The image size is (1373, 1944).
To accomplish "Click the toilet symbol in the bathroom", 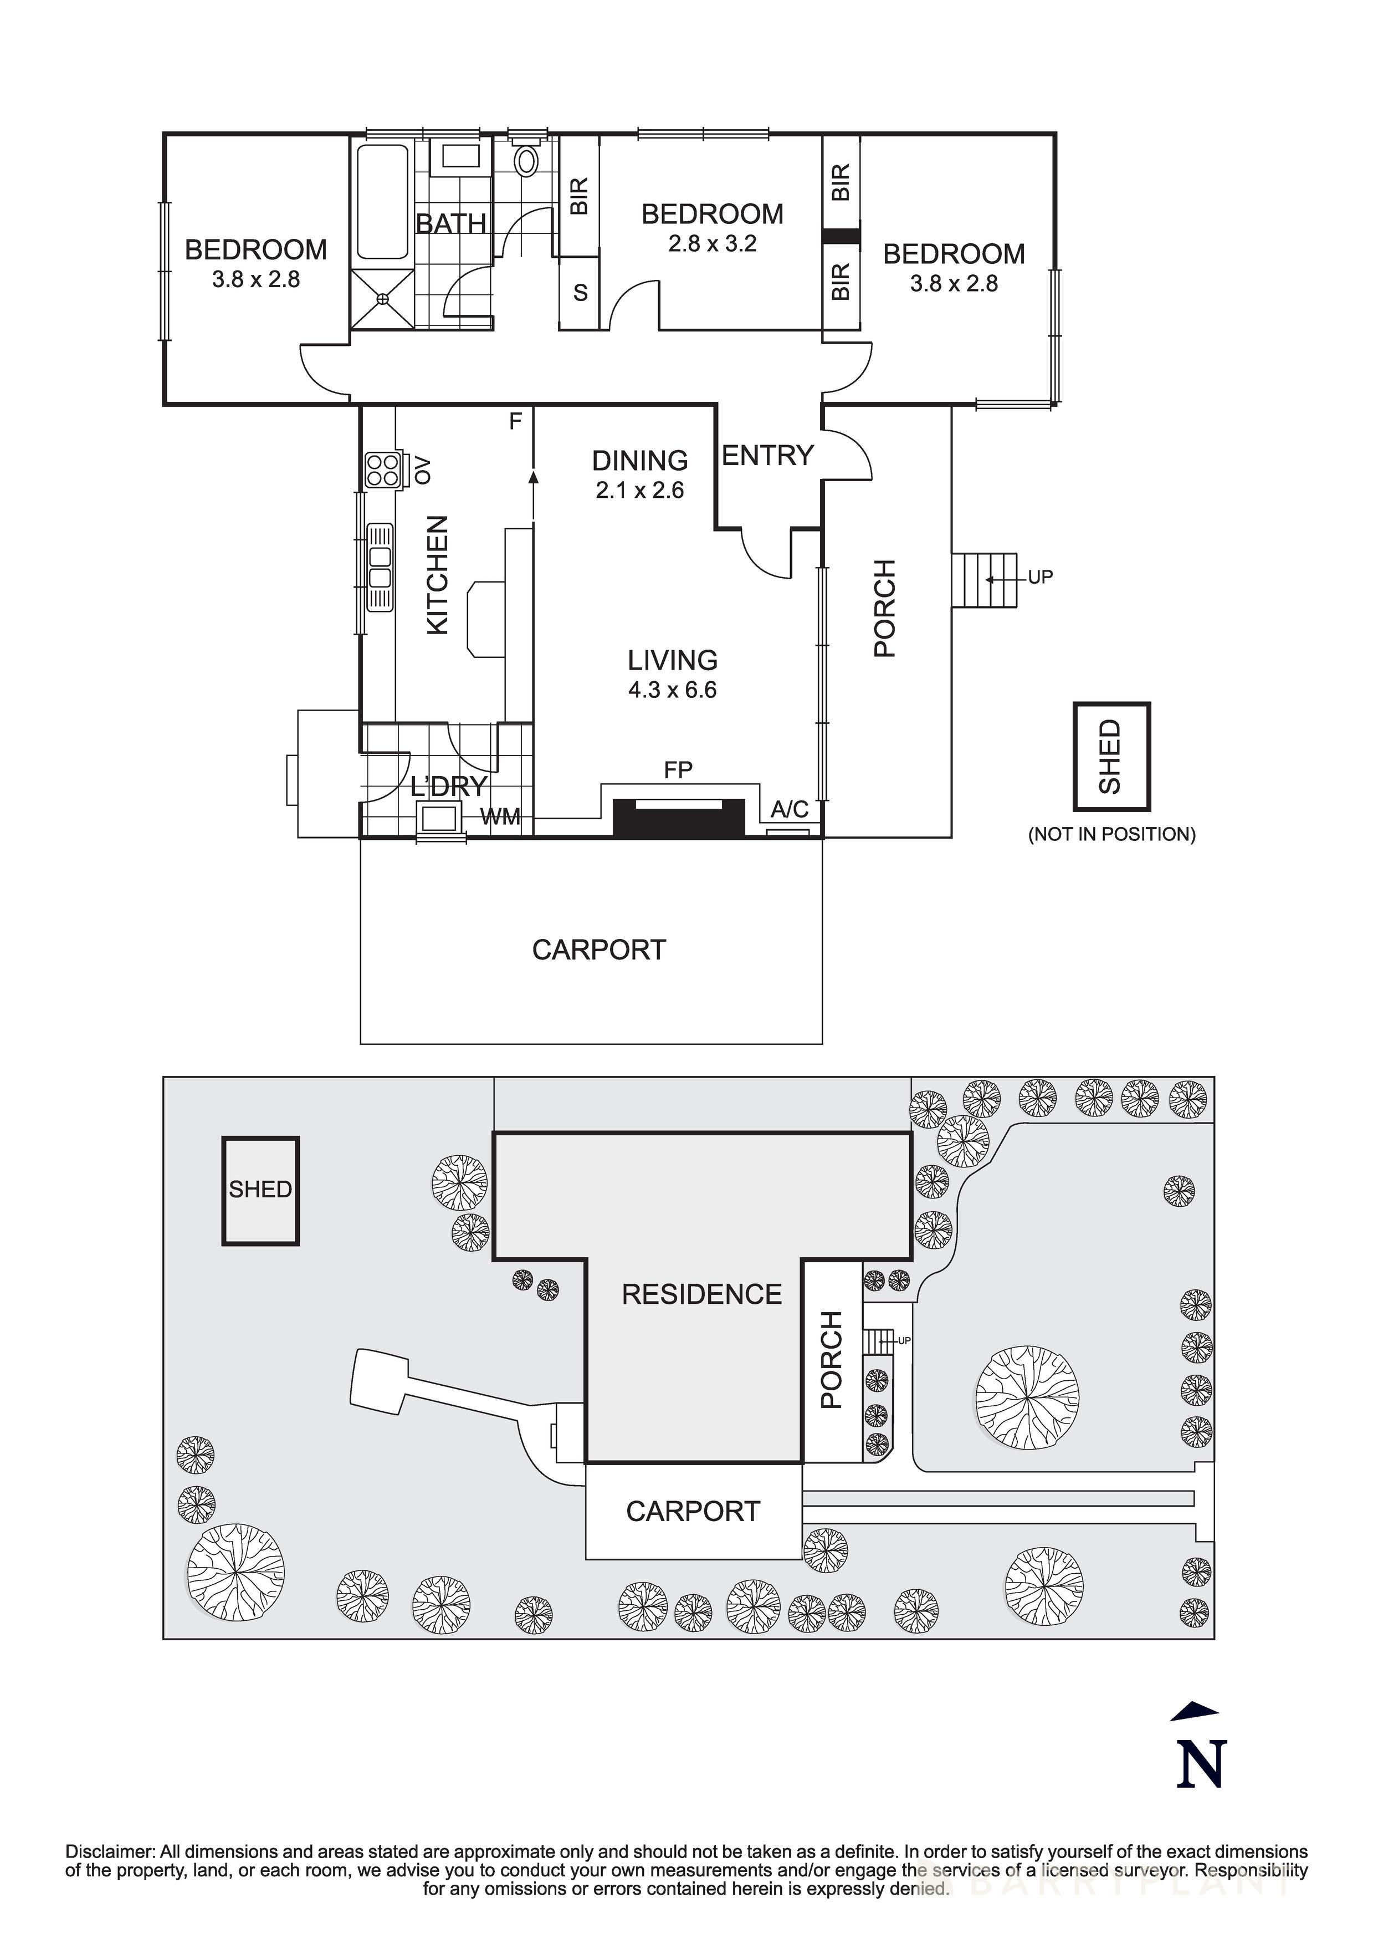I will pos(526,160).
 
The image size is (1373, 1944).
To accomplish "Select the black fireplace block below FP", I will pos(678,818).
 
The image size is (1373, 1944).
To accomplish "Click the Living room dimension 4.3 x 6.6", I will pos(672,690).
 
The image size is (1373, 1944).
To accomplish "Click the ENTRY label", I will pos(767,456).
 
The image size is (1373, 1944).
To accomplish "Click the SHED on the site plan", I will pos(260,1190).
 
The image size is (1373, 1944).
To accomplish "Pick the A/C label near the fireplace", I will pos(789,809).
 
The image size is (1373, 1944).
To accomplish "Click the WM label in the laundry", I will pos(500,817).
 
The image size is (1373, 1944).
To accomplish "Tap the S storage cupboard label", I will pos(580,293).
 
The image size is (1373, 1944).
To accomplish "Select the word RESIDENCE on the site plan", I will pos(701,1294).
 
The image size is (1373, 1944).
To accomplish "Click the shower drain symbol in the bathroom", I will pos(382,298).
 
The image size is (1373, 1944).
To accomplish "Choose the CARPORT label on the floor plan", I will pos(598,950).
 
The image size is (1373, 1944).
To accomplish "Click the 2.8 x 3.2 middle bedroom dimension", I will pos(712,244).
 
